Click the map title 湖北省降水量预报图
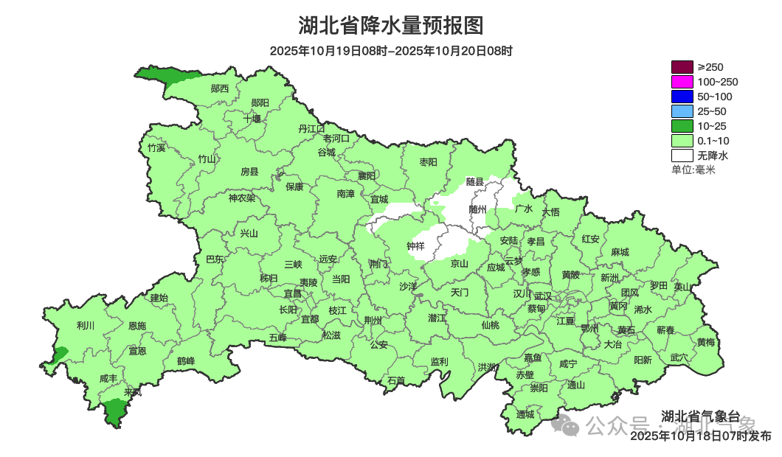tap(390, 26)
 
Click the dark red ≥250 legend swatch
tap(682, 67)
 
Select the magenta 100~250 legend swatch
tap(682, 82)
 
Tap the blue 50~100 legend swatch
tap(682, 97)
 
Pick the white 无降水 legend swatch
tap(682, 156)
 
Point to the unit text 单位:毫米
tap(693, 170)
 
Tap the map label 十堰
tap(252, 118)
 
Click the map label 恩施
tap(137, 326)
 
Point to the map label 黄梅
tap(706, 342)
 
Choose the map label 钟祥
tap(416, 246)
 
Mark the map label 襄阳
tap(366, 175)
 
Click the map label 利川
tap(86, 325)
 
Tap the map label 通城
tap(525, 414)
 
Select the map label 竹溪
tap(156, 147)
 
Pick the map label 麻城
tap(620, 252)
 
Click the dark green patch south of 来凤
tap(114, 411)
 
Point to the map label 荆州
tap(373, 321)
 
